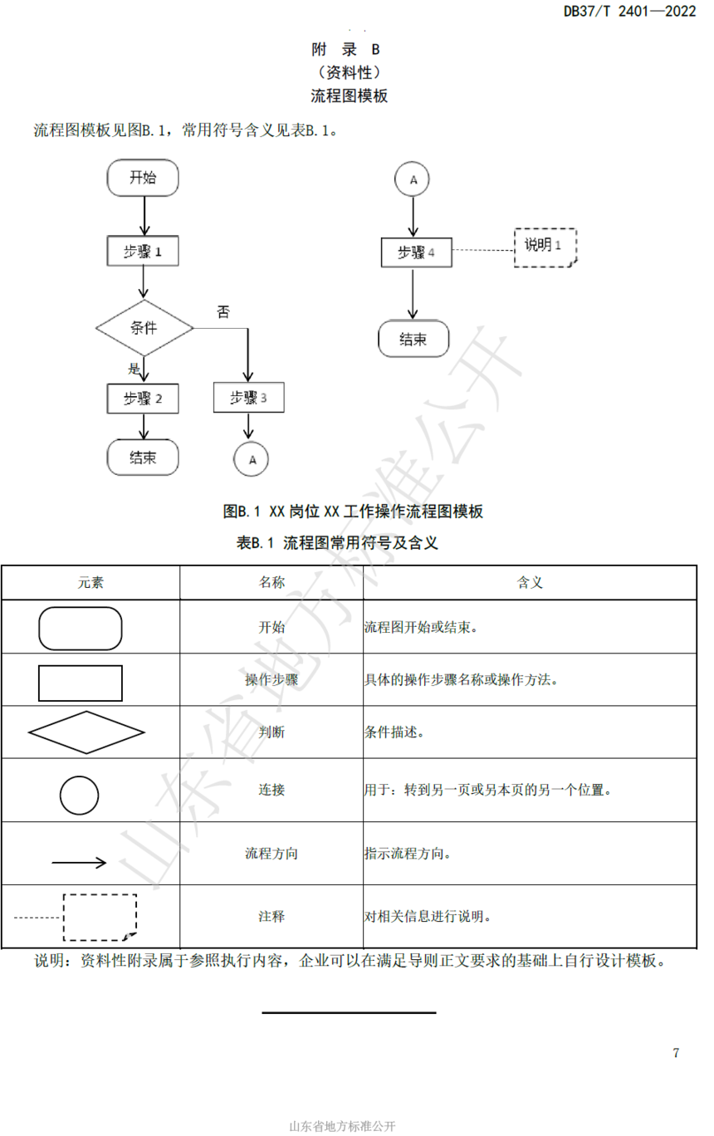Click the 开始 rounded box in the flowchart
tap(143, 178)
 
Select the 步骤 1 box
tap(143, 251)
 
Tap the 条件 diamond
tap(144, 328)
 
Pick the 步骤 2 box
tap(143, 398)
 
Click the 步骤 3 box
tap(248, 397)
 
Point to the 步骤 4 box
tap(416, 252)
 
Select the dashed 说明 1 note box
tap(545, 247)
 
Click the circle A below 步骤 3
tap(251, 459)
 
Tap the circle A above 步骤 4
tap(412, 179)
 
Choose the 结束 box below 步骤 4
tap(413, 339)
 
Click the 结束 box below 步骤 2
tap(143, 458)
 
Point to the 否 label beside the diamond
tap(223, 311)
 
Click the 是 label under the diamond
tap(134, 368)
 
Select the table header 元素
tap(90, 582)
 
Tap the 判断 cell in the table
tap(271, 732)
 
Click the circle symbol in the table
tap(79, 796)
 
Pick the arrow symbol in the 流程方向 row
tap(79, 862)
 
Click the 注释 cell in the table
tap(271, 917)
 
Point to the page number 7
tap(676, 1053)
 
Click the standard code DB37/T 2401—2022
tap(629, 11)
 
